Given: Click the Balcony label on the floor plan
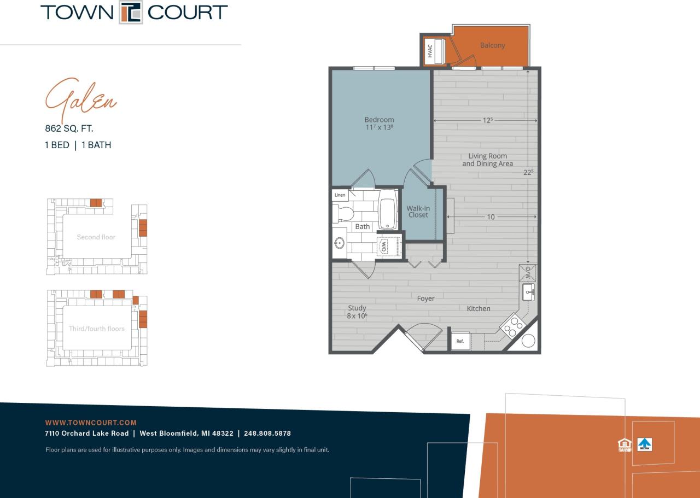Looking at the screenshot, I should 492,45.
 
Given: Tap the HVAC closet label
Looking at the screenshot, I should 430,51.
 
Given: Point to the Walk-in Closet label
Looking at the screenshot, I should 418,212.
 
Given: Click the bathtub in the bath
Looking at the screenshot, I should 387,210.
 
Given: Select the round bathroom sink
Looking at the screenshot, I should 340,243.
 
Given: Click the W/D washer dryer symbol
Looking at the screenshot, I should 384,245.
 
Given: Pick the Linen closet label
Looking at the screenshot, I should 340,195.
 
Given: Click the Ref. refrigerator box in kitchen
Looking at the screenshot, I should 460,341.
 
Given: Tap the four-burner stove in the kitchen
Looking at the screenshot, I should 512,326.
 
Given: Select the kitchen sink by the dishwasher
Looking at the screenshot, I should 528,291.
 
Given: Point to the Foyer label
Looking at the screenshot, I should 425,298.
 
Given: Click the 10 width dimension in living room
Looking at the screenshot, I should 491,217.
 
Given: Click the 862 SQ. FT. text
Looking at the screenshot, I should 69,129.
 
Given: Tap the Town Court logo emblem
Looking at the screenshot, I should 131,13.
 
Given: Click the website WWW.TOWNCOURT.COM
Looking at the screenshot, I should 91,423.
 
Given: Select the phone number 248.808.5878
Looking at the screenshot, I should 267,433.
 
